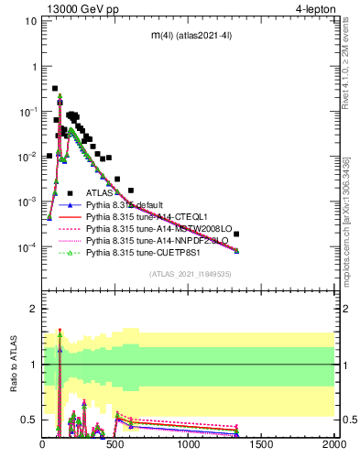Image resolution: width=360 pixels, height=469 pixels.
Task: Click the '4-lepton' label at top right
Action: [x=317, y=9]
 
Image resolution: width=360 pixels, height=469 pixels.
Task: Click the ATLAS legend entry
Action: [x=100, y=193]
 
